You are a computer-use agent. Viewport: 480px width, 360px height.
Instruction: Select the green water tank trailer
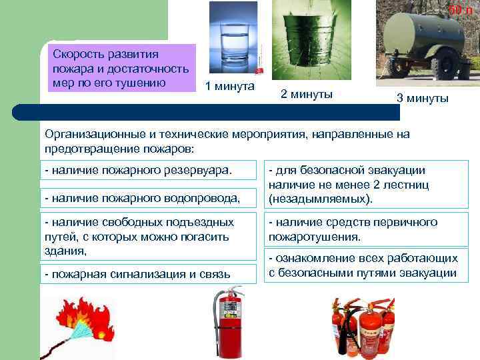[x=427, y=40]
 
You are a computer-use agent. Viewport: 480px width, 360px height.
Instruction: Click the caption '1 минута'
[x=229, y=87]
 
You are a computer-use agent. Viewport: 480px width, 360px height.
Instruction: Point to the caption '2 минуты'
[x=307, y=94]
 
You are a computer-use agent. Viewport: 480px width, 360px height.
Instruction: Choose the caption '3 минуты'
[x=423, y=98]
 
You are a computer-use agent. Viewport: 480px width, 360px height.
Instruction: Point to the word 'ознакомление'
[x=312, y=258]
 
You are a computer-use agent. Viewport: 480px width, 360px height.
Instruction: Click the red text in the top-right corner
[x=459, y=10]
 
